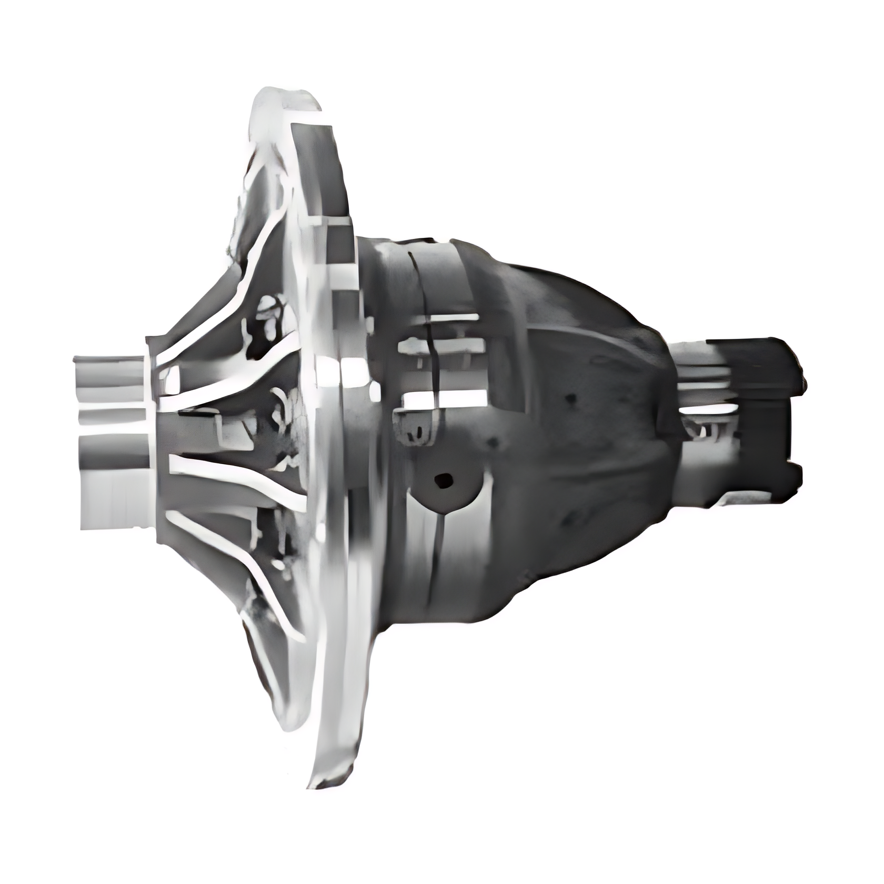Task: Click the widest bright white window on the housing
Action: [442, 398]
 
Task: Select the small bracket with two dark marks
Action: [416, 429]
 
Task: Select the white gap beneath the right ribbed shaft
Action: [708, 410]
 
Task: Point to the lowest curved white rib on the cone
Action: [274, 605]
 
